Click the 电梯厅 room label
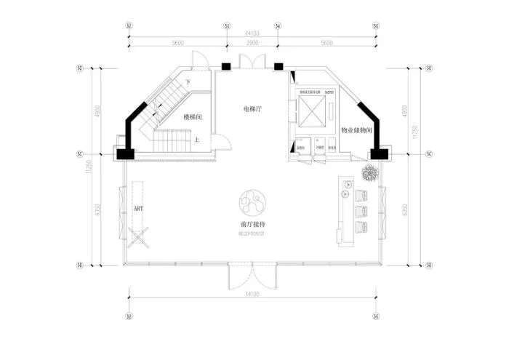coord(253,109)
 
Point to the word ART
coord(138,208)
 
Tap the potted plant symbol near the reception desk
coord(369,172)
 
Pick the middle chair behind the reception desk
coord(361,211)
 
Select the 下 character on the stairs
coord(188,82)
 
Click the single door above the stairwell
coord(198,61)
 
